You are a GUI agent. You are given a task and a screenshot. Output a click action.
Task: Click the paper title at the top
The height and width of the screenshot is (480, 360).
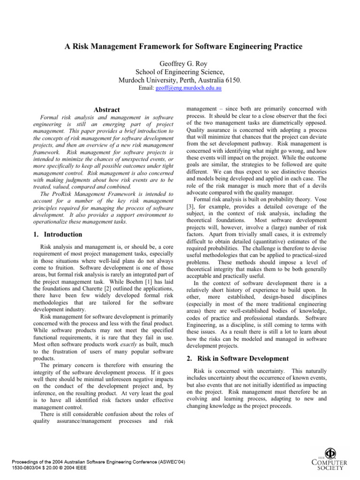180,46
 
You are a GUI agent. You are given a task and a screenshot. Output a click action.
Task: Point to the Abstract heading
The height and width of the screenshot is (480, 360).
106,109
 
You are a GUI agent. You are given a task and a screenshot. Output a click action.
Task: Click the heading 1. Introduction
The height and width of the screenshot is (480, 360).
59,234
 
